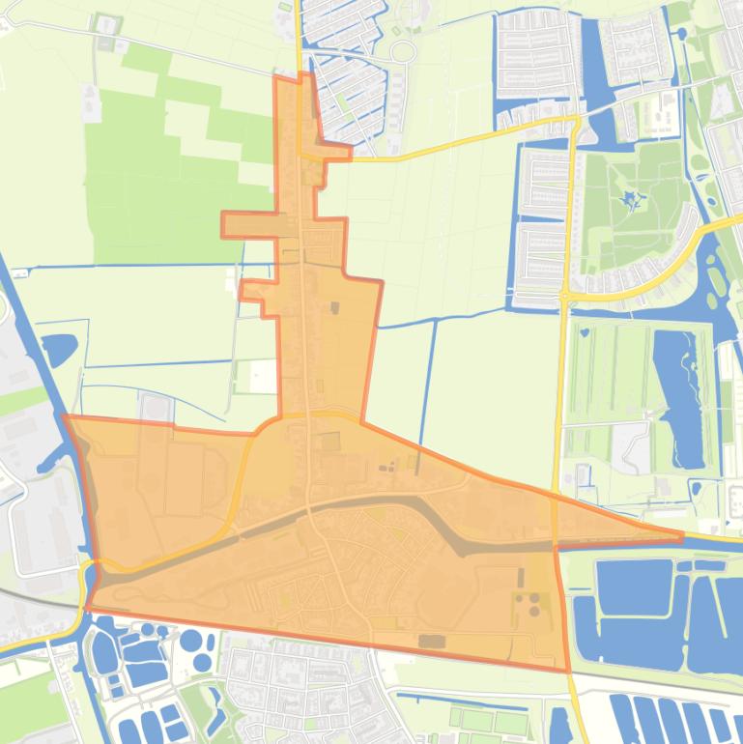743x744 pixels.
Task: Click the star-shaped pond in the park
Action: pos(633,201)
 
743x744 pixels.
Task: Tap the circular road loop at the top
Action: pos(403,51)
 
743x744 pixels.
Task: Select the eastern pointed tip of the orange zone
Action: pos(680,534)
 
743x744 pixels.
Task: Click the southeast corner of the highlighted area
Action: pos(566,669)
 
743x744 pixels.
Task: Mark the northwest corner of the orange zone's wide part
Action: pos(66,417)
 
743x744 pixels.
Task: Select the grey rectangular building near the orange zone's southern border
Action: pos(432,641)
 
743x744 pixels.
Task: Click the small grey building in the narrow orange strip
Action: pos(335,308)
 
